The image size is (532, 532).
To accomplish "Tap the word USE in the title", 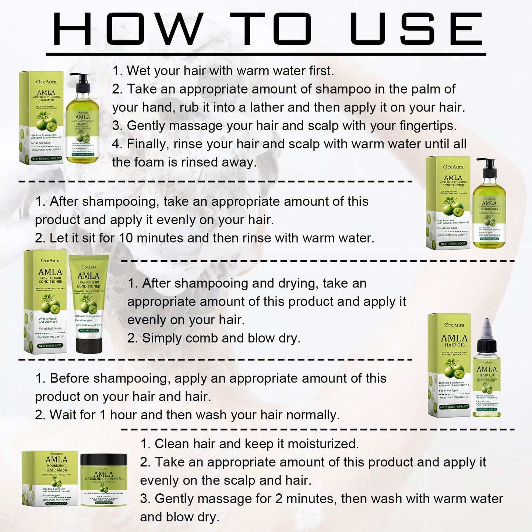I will point(416,29).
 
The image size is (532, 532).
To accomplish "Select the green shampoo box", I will point(41,117).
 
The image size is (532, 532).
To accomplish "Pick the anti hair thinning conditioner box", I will point(448,202).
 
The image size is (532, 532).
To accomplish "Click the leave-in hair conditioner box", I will point(46,302).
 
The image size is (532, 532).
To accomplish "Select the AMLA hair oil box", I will point(449,364).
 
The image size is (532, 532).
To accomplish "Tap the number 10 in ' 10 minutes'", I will point(126,238).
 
